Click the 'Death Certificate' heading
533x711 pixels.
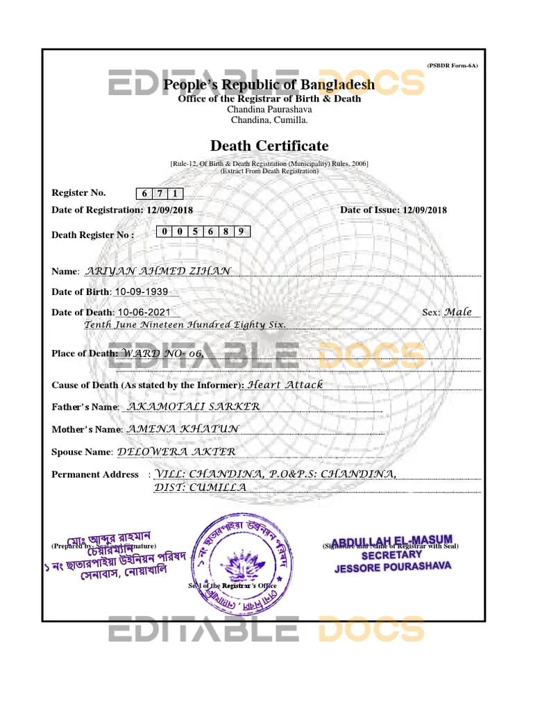pyautogui.click(x=269, y=146)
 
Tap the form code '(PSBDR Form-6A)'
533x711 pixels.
pyautogui.click(x=452, y=65)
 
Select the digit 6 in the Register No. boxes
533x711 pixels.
pyautogui.click(x=144, y=194)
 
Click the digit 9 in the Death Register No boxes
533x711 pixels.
pyautogui.click(x=241, y=232)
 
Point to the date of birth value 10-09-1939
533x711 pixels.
pyautogui.click(x=141, y=292)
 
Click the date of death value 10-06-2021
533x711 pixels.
pyautogui.click(x=143, y=312)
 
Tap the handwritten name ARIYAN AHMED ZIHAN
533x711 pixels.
pyautogui.click(x=157, y=271)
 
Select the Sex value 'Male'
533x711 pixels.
pyautogui.click(x=458, y=312)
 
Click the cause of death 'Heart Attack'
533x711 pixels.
pyautogui.click(x=285, y=384)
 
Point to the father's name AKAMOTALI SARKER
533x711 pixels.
pyautogui.click(x=195, y=406)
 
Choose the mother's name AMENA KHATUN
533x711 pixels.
pyautogui.click(x=183, y=429)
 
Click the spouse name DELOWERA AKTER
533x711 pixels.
pyautogui.click(x=177, y=451)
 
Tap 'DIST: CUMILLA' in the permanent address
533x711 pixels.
pyautogui.click(x=200, y=487)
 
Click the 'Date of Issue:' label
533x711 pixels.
pyautogui.click(x=370, y=210)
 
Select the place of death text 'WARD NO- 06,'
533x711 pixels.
pyautogui.click(x=163, y=353)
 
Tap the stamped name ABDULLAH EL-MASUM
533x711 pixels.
pyautogui.click(x=392, y=541)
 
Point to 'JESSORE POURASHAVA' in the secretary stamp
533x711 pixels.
pyautogui.click(x=393, y=567)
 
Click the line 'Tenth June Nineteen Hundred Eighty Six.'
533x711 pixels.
pyautogui.click(x=185, y=325)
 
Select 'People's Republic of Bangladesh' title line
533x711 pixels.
pyautogui.click(x=269, y=85)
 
